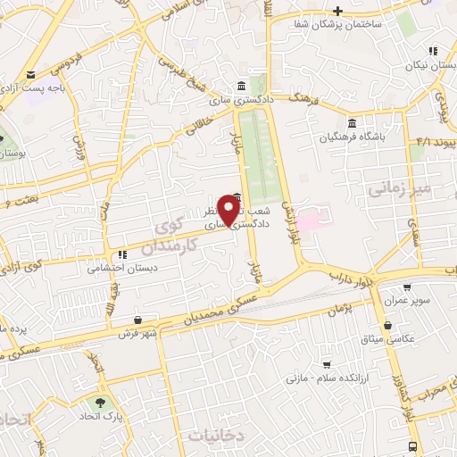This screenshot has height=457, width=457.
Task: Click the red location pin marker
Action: click(229, 209)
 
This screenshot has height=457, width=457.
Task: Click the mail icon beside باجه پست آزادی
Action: click(32, 74)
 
